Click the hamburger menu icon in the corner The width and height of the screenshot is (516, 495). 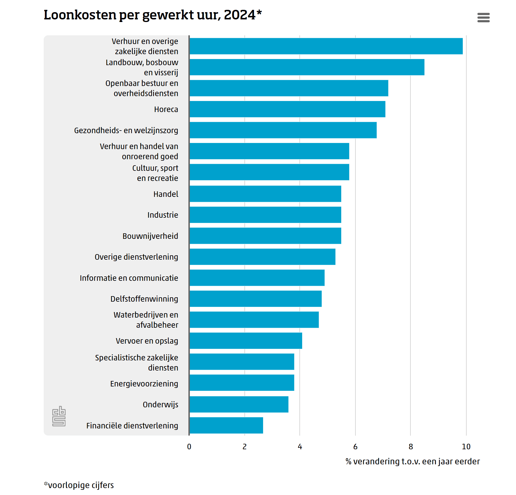pos(483,17)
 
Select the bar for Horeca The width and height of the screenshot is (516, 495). pos(287,109)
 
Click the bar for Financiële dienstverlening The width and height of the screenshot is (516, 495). pos(226,425)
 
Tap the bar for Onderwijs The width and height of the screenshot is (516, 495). pos(239,404)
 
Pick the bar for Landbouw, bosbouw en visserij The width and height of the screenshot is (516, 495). pos(307,67)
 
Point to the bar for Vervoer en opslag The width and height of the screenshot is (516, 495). pos(246,341)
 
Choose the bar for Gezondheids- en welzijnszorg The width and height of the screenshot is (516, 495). pos(283,130)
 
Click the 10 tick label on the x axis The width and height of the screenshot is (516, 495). pos(466,447)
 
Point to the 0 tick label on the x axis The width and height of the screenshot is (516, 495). pos(189,447)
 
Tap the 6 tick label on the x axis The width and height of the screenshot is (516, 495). pos(355,447)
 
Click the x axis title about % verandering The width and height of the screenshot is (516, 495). pos(413,461)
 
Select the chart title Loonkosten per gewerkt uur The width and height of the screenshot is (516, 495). pos(153,15)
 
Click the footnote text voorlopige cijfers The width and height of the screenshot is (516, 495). pos(79,485)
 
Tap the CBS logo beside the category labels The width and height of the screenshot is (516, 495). pos(59,416)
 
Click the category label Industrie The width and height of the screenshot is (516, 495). pos(163,215)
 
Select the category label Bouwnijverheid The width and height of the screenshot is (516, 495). pos(150,236)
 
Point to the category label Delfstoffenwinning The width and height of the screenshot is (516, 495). pos(144,299)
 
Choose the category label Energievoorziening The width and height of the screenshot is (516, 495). pos(144,384)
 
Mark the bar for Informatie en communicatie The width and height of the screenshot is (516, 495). pos(257,278)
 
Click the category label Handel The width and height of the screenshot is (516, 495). pos(166,194)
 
